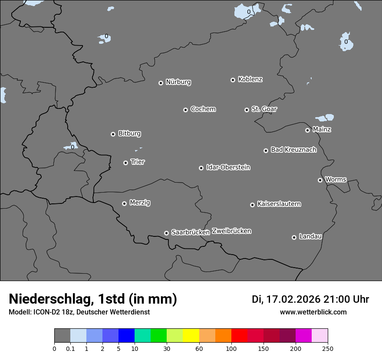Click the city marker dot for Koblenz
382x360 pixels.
click(x=233, y=80)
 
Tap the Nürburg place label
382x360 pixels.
click(x=178, y=82)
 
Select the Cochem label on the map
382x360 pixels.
click(x=203, y=109)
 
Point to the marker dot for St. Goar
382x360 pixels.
click(x=247, y=110)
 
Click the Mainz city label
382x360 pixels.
click(x=322, y=129)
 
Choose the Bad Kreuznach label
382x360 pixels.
click(x=293, y=150)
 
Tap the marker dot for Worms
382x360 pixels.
click(x=320, y=180)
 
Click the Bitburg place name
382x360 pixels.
click(x=129, y=134)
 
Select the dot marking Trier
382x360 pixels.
click(x=125, y=163)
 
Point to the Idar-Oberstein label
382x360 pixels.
click(x=228, y=167)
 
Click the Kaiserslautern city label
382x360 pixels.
click(x=279, y=204)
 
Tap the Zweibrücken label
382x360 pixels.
click(x=231, y=231)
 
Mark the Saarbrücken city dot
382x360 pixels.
click(x=166, y=233)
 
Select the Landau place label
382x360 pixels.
click(x=310, y=236)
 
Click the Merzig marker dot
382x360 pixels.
click(x=124, y=203)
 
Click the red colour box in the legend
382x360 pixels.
click(x=239, y=336)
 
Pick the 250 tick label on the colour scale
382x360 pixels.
click(x=328, y=348)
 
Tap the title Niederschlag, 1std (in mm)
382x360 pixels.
click(x=93, y=299)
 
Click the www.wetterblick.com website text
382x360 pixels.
click(x=313, y=312)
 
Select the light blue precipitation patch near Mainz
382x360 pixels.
click(x=325, y=118)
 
